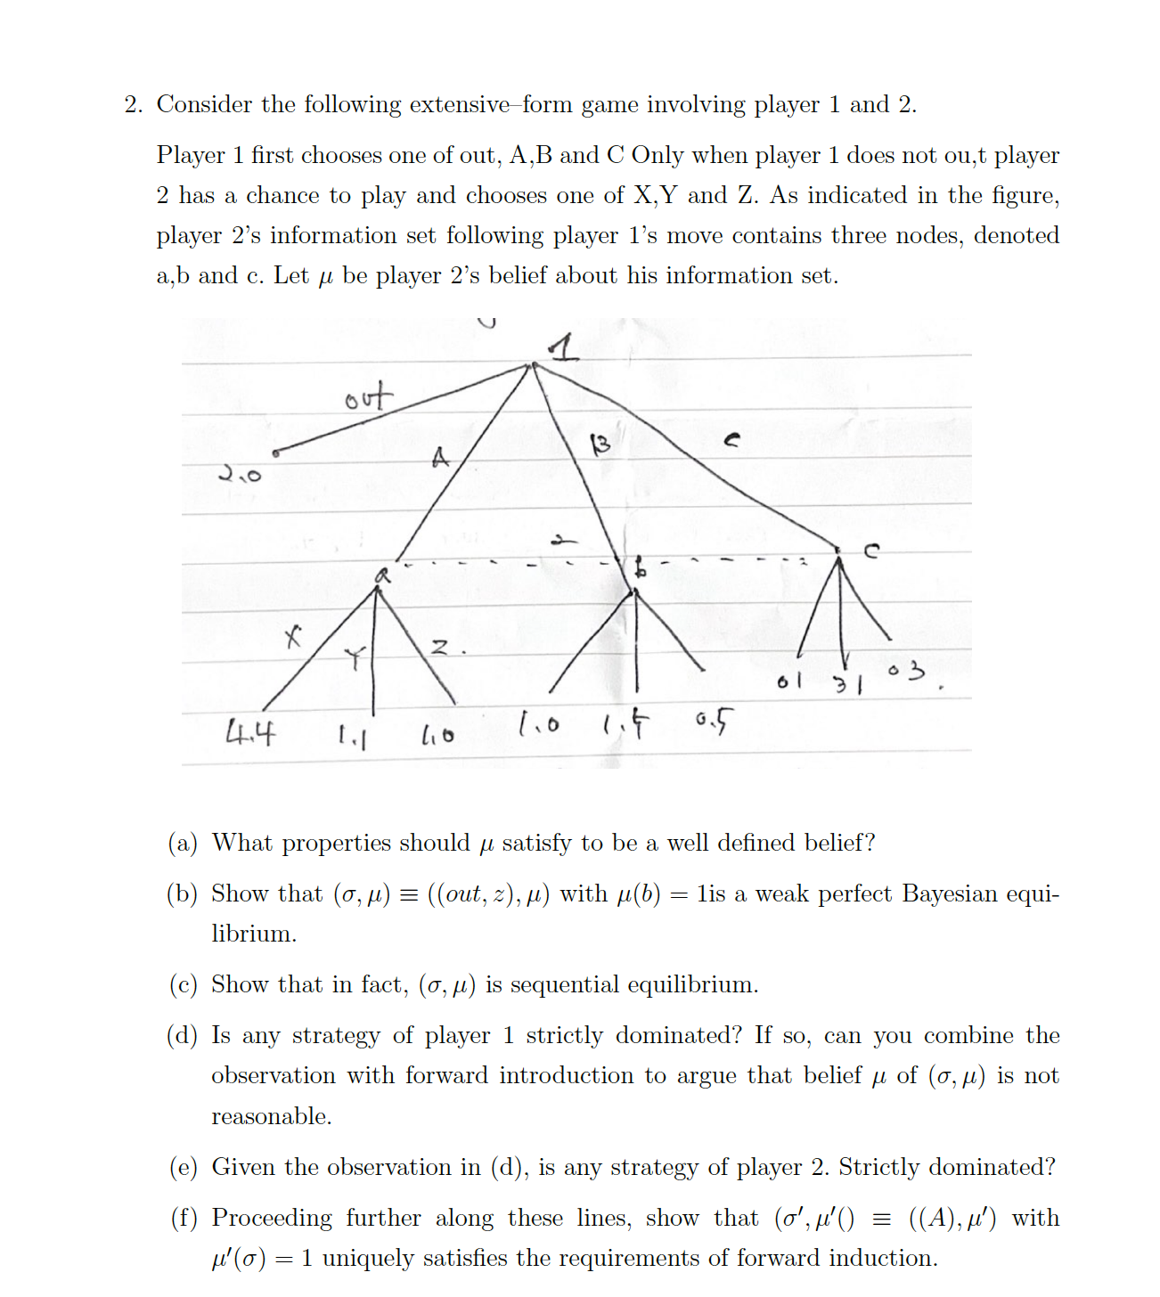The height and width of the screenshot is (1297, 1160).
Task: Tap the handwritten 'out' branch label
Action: [x=368, y=396]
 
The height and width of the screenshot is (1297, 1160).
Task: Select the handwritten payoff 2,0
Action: [x=241, y=474]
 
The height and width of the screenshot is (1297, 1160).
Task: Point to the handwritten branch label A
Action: [x=440, y=458]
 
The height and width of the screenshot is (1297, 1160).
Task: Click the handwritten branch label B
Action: [x=601, y=444]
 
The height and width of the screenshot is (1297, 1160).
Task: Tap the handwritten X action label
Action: [x=292, y=637]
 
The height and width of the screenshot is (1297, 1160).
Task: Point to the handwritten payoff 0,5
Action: [x=715, y=720]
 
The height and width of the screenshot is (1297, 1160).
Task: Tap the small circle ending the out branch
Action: [x=275, y=453]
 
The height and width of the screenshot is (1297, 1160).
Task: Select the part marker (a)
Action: [x=183, y=843]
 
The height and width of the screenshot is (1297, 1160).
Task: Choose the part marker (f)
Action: [x=183, y=1218]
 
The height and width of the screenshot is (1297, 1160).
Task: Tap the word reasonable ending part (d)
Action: [x=271, y=1116]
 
